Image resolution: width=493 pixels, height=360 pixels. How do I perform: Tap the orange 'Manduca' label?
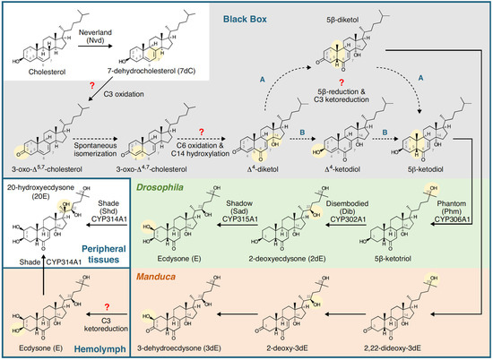click(x=157, y=277)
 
